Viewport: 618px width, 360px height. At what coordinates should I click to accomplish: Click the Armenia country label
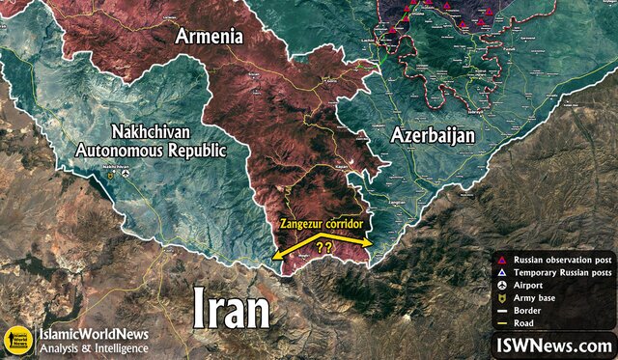click(207, 37)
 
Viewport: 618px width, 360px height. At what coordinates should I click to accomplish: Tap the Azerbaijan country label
click(432, 135)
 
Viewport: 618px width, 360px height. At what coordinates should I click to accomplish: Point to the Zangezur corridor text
click(322, 223)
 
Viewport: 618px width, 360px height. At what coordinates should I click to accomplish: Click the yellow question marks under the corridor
click(323, 247)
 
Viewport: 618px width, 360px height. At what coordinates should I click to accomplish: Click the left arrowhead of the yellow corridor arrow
click(276, 257)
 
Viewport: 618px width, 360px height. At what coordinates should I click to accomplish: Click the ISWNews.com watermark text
click(553, 345)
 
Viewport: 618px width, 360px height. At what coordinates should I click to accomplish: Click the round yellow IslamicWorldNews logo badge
click(16, 340)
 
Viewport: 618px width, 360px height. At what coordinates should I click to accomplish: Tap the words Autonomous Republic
click(151, 152)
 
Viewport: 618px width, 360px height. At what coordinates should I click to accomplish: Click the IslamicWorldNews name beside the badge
click(94, 334)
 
